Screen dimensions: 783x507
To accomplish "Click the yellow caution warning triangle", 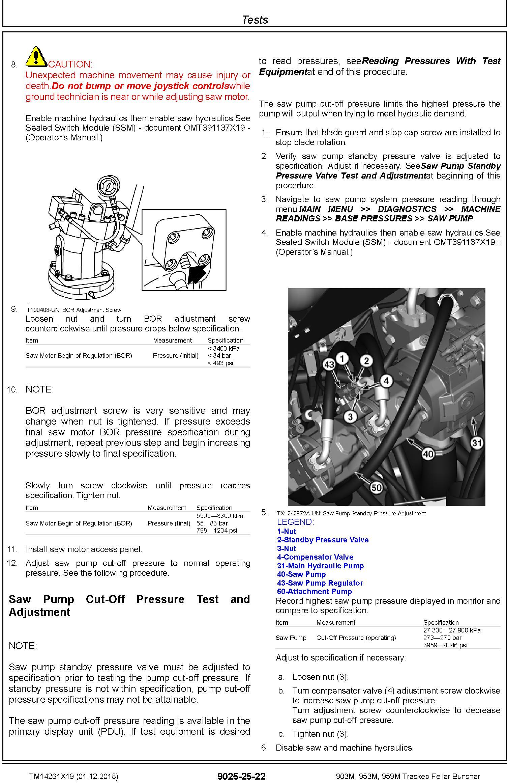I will point(36,57).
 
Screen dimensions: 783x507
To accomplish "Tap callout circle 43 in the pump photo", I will point(329,364).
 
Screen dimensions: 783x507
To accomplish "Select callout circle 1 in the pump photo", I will point(342,358).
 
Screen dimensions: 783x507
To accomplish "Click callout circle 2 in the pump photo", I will point(366,360).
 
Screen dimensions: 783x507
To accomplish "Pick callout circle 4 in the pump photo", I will point(386,381).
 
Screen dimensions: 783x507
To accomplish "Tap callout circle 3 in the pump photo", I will point(350,417).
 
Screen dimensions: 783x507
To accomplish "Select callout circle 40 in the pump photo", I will point(428,454).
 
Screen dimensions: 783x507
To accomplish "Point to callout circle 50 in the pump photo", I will point(376,487).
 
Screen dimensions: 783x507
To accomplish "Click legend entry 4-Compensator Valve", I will point(315,557).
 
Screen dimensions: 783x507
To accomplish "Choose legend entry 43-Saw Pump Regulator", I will point(320,583).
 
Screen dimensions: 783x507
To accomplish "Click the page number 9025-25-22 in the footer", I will point(241,776).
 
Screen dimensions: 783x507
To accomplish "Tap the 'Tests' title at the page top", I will point(255,20).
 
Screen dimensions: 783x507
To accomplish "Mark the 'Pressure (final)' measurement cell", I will point(169,523).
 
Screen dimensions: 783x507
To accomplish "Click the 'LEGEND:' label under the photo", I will point(295,522).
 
